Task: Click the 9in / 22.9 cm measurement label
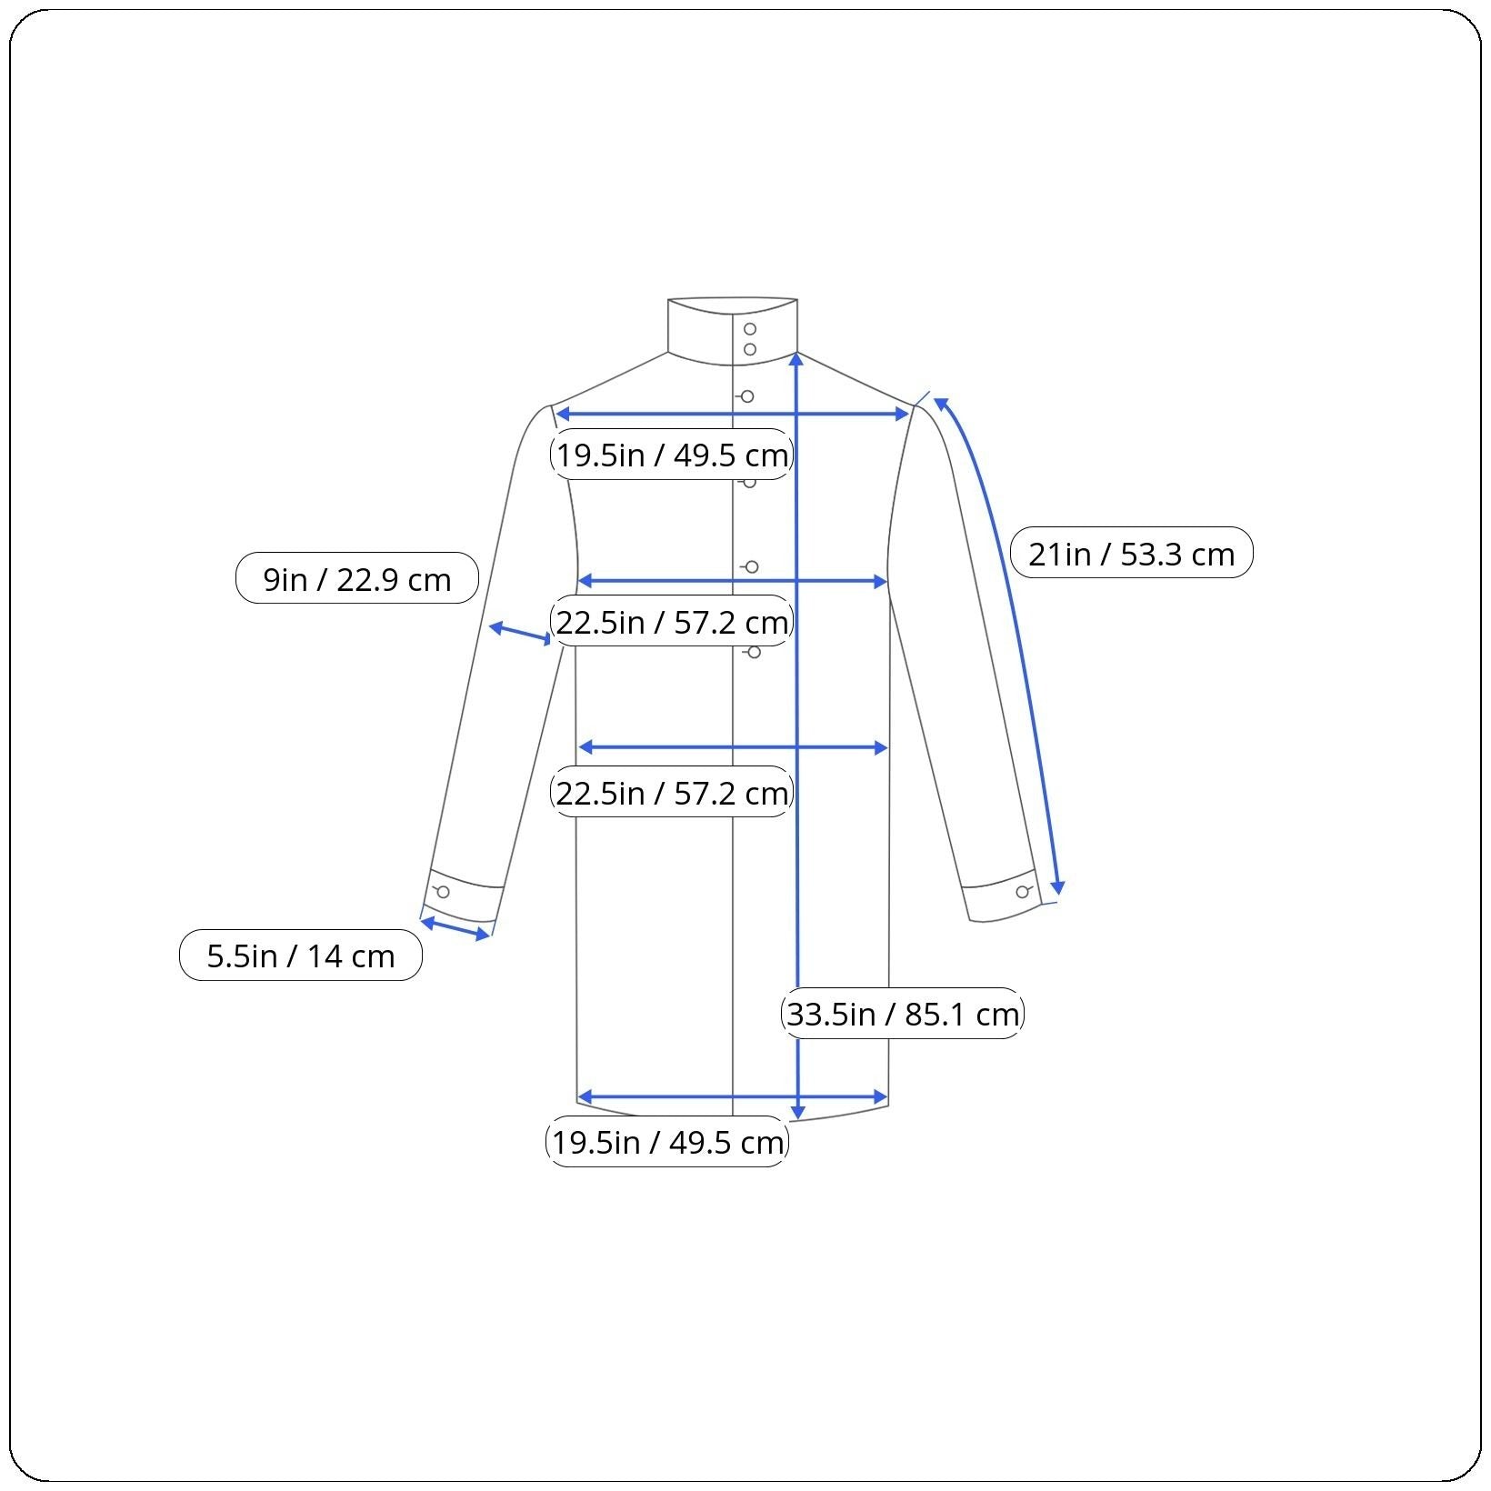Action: pyautogui.click(x=357, y=578)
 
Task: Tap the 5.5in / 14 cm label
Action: pyautogui.click(x=301, y=956)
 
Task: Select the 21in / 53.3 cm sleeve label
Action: pyautogui.click(x=1132, y=553)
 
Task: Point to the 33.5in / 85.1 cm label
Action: pyautogui.click(x=903, y=1013)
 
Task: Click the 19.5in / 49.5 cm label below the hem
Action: pyautogui.click(x=667, y=1142)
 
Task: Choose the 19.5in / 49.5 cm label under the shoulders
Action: pyautogui.click(x=672, y=455)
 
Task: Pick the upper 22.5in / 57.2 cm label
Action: pyautogui.click(x=672, y=622)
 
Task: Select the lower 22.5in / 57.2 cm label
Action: pyautogui.click(x=672, y=793)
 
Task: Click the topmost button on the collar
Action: pyautogui.click(x=750, y=329)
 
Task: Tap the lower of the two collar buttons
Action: pyautogui.click(x=750, y=349)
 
